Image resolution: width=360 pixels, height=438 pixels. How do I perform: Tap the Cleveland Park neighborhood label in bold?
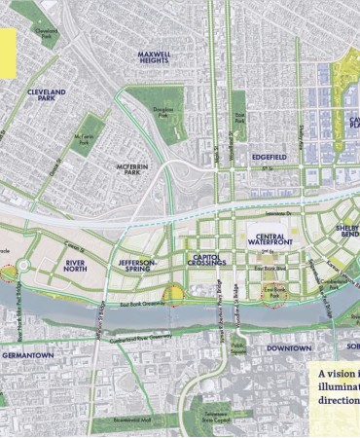[46, 94]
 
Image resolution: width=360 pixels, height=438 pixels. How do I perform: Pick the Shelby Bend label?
[348, 234]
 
